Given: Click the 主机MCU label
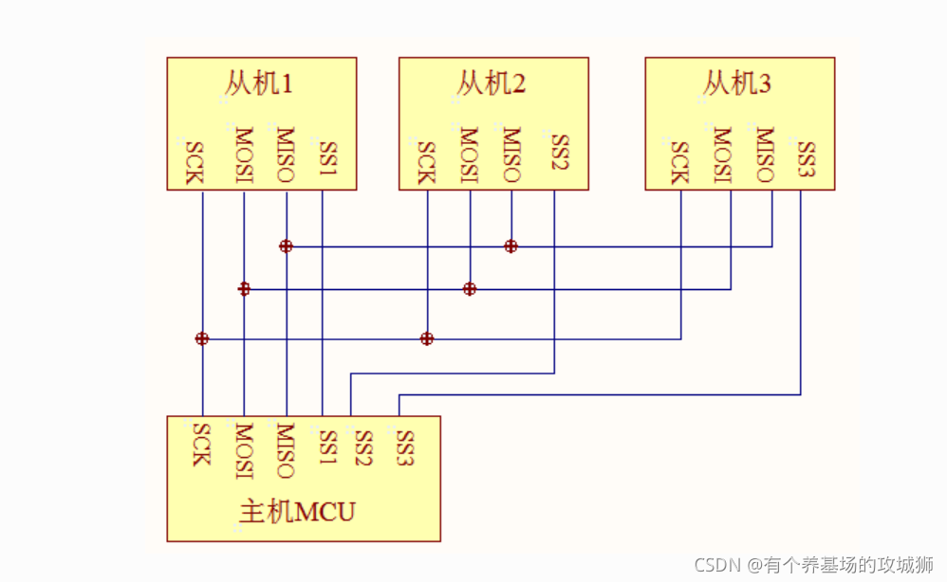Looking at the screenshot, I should coord(297,513).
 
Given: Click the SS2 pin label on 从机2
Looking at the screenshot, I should coord(559,154).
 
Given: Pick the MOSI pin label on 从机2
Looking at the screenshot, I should coord(468,154).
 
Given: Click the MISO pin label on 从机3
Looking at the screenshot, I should coord(764,154).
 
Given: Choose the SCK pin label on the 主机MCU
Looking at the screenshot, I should coord(200,444).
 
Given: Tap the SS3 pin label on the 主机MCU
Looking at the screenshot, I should coord(405,447).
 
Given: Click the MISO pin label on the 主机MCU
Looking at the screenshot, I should coord(285,449).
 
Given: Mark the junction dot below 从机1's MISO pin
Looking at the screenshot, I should coord(286,246).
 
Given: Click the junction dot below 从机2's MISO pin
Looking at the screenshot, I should coord(511,246).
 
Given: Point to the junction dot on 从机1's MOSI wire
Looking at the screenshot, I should coord(244,288).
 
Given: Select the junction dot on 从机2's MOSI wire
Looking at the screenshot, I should coord(469,288).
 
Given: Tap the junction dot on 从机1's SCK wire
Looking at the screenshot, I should coord(201,338).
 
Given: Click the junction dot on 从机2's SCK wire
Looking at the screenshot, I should coord(427,338).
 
